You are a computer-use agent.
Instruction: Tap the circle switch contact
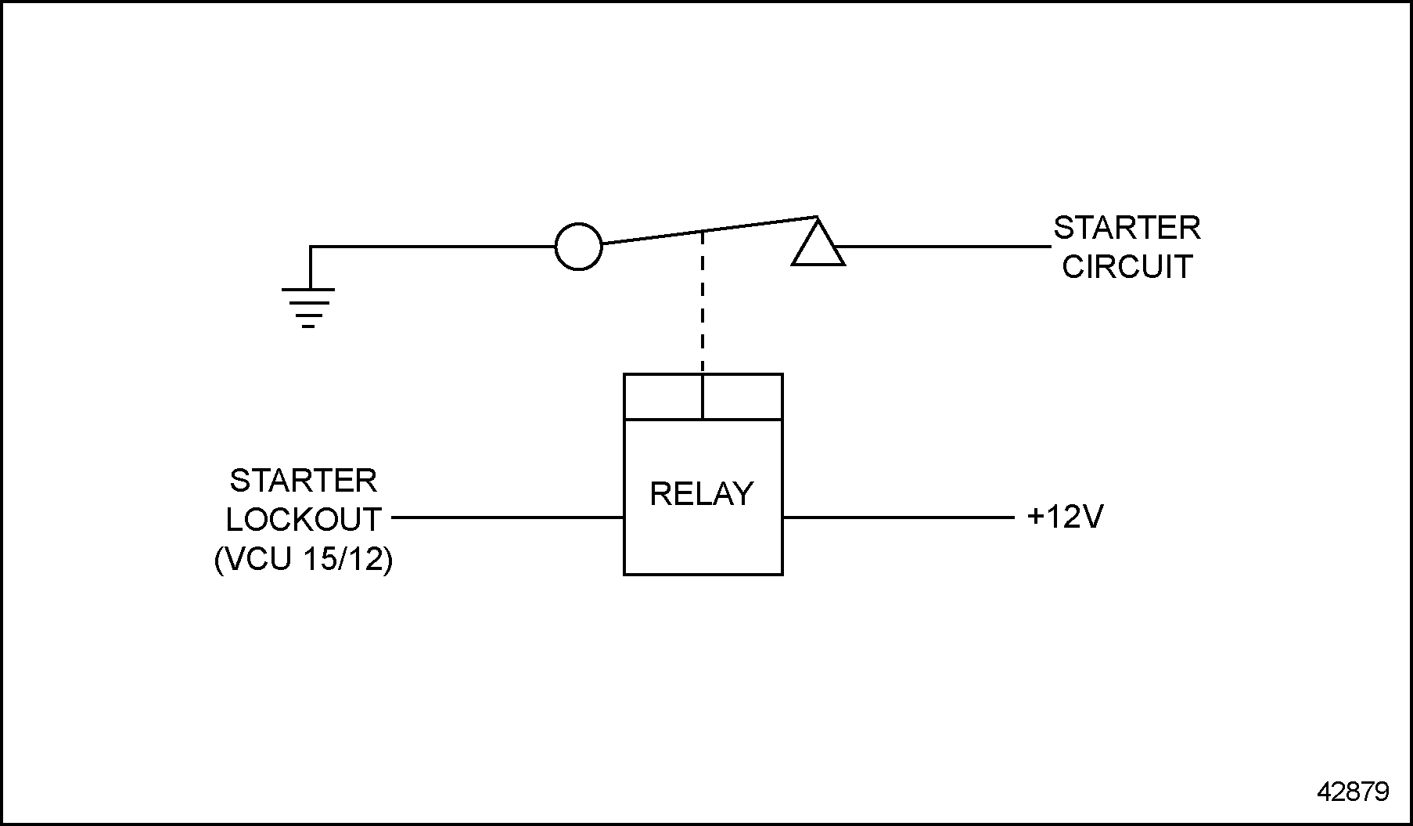[x=578, y=247]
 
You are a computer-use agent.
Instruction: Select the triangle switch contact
[x=818, y=247]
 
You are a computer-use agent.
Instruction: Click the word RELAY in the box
[x=702, y=494]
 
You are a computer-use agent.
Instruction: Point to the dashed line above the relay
[x=703, y=301]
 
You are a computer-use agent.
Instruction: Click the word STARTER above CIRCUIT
[x=1127, y=229]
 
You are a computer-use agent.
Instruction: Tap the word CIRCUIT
[x=1127, y=267]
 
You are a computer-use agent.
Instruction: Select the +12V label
[x=1065, y=518]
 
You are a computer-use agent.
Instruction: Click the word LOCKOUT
[x=304, y=520]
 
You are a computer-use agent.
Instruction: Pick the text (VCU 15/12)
[x=304, y=560]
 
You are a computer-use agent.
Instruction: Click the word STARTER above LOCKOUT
[x=304, y=481]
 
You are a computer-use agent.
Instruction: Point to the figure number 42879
[x=1353, y=792]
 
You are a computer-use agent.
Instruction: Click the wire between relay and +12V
[x=897, y=518]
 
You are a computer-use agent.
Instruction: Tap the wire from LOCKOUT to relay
[x=507, y=518]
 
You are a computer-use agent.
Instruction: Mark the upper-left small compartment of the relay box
[x=663, y=397]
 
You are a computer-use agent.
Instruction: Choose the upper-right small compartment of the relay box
[x=742, y=397]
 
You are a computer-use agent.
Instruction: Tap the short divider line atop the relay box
[x=703, y=397]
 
